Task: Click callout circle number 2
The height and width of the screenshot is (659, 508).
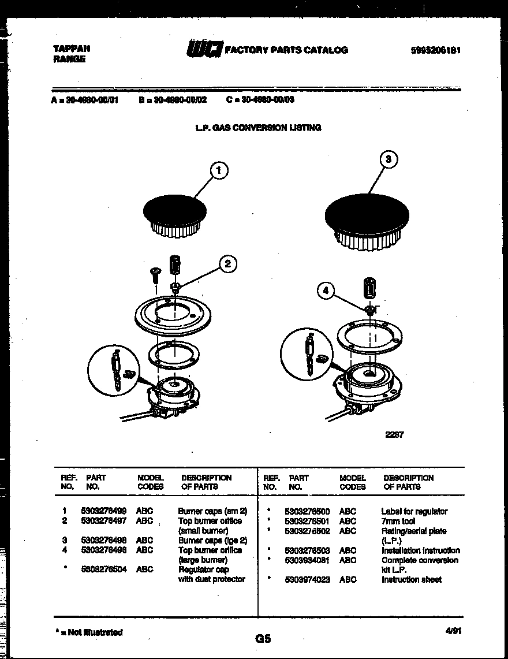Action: pyautogui.click(x=227, y=264)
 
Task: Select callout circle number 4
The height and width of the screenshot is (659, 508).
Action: pyautogui.click(x=326, y=292)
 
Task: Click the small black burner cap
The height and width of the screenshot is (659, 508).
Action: pyautogui.click(x=175, y=209)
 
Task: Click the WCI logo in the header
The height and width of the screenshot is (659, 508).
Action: pyautogui.click(x=203, y=50)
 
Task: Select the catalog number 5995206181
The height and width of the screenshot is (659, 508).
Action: pyautogui.click(x=435, y=50)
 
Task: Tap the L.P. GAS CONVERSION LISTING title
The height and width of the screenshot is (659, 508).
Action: pyautogui.click(x=258, y=128)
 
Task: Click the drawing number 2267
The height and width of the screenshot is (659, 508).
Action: pyautogui.click(x=394, y=435)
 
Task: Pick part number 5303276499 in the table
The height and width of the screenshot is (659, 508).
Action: pyautogui.click(x=104, y=511)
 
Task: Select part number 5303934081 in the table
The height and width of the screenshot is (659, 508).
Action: pyautogui.click(x=307, y=560)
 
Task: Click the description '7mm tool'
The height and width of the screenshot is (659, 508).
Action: pyautogui.click(x=398, y=521)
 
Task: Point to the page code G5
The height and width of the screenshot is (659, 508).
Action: pyautogui.click(x=263, y=639)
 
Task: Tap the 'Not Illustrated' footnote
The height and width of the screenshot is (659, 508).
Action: pyautogui.click(x=88, y=632)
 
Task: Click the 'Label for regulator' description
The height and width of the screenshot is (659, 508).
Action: pyautogui.click(x=414, y=511)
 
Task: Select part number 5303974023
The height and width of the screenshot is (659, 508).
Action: pyautogui.click(x=307, y=579)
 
